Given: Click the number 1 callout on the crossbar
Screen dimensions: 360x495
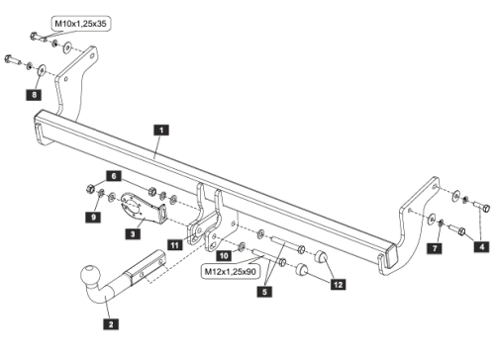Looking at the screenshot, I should [160, 128].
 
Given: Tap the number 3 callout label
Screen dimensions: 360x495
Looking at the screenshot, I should [133, 234].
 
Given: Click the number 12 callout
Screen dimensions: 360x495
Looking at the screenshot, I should [340, 285].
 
